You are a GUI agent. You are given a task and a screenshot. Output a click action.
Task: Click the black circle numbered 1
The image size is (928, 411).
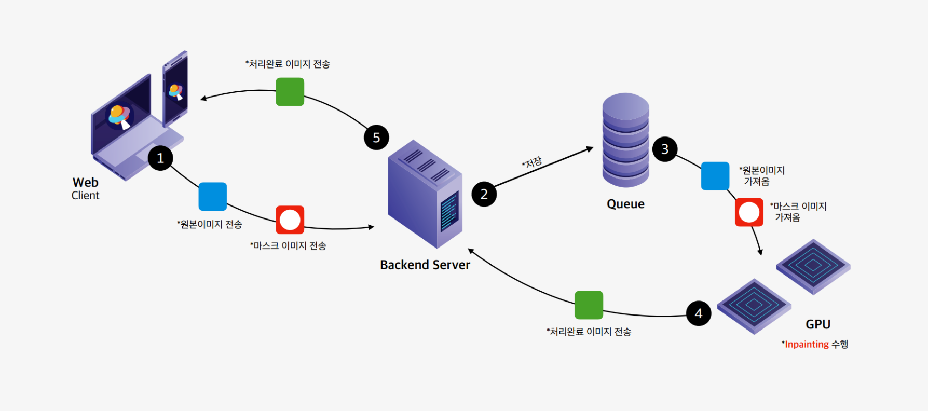(x=160, y=158)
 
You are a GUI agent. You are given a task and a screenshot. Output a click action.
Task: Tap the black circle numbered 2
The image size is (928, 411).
(x=484, y=194)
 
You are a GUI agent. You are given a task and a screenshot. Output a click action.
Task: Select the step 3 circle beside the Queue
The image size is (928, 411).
(x=665, y=149)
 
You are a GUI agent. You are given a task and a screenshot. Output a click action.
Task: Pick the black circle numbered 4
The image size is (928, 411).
(x=699, y=313)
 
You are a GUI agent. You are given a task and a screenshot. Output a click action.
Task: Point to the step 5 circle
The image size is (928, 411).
(x=376, y=138)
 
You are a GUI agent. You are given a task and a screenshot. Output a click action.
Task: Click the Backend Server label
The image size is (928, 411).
(x=425, y=265)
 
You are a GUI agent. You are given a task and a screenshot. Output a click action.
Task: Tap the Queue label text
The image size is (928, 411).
(x=625, y=204)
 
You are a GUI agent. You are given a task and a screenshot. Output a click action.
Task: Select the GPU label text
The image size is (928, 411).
(x=818, y=324)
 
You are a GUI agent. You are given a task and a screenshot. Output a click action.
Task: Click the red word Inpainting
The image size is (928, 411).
(x=807, y=344)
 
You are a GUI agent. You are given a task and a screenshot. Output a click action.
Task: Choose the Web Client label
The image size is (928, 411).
(x=86, y=188)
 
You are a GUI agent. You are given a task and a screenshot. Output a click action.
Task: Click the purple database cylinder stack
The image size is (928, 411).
(x=625, y=140)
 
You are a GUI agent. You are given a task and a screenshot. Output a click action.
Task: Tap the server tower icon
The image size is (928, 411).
(x=425, y=194)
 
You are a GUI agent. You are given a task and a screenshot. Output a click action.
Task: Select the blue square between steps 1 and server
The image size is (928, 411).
(x=213, y=196)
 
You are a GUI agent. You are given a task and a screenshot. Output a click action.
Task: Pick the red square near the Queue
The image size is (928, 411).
(x=749, y=212)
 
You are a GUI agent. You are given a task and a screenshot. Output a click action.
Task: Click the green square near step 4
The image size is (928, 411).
(x=589, y=305)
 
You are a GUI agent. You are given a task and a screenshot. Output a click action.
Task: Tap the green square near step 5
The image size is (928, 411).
(x=290, y=92)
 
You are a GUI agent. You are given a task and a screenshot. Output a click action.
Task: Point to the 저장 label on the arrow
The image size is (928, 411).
(x=533, y=162)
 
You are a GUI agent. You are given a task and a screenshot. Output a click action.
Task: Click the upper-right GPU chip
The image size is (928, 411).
(x=813, y=266)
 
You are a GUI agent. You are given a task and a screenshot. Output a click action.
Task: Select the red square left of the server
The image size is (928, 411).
(x=290, y=220)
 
